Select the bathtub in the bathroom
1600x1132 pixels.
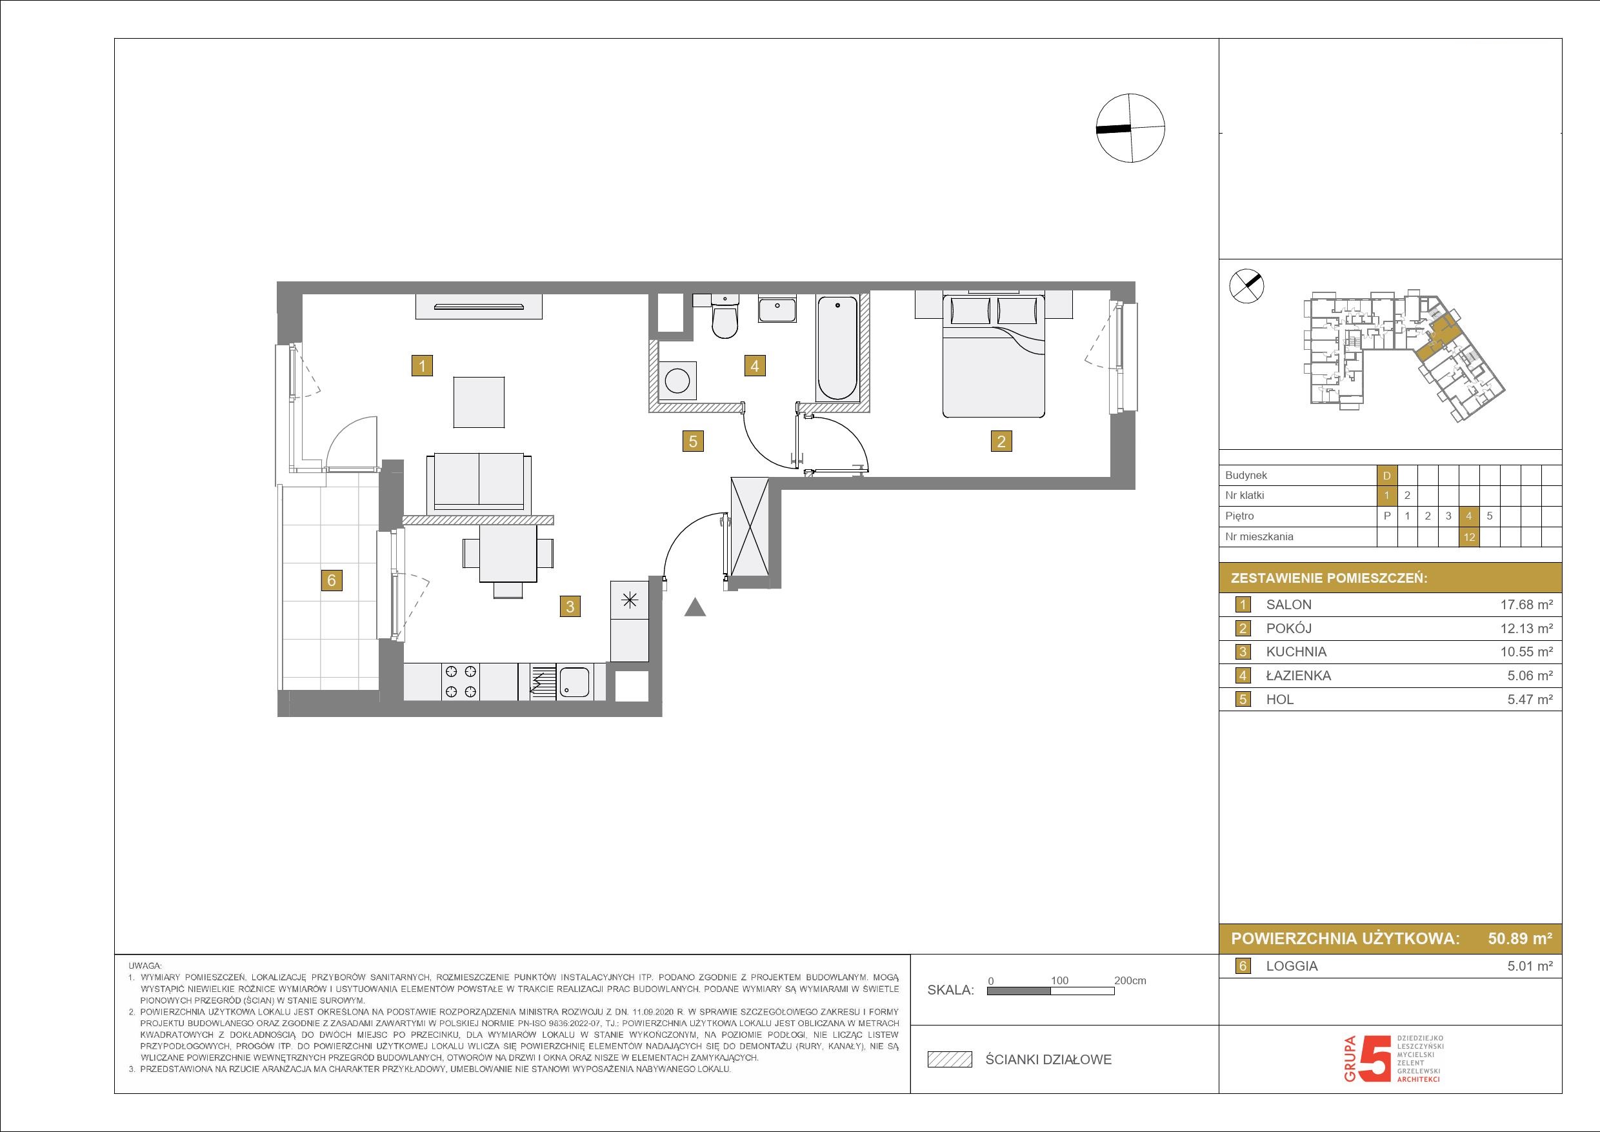click(837, 348)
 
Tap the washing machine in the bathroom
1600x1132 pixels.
click(677, 380)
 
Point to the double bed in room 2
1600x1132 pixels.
click(994, 356)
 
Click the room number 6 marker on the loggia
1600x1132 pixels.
click(332, 580)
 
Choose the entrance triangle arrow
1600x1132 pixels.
click(695, 607)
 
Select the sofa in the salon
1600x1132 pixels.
click(479, 480)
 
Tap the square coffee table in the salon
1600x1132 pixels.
click(479, 402)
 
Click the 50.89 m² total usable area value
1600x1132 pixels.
click(1520, 938)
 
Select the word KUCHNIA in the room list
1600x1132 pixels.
click(1296, 652)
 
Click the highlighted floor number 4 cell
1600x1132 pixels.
click(1469, 516)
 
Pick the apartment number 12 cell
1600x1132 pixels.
click(1469, 537)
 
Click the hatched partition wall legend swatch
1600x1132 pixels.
click(949, 1060)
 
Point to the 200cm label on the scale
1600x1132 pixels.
click(1130, 981)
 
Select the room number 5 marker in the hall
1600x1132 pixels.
click(693, 441)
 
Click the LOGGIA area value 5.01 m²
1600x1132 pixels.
click(1530, 966)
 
